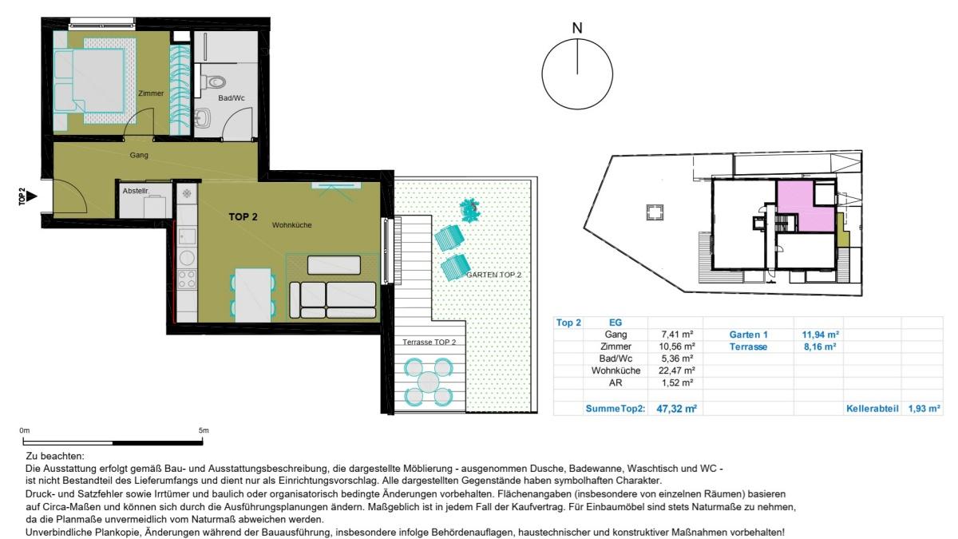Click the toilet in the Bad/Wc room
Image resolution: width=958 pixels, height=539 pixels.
[213, 81]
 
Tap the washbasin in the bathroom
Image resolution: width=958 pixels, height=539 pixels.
[202, 117]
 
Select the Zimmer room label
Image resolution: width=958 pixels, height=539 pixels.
[151, 93]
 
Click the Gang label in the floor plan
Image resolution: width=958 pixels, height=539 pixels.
[139, 155]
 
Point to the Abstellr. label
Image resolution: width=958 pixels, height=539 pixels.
[136, 191]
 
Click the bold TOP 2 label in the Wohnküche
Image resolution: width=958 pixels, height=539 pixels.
[243, 217]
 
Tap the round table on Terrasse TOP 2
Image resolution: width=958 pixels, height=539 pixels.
[428, 382]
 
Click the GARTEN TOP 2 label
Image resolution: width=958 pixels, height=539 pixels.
[493, 275]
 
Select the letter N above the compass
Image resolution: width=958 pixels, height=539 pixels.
[577, 28]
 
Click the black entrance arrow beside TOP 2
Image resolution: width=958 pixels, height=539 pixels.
[32, 196]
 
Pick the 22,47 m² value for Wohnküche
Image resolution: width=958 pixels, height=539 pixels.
[677, 371]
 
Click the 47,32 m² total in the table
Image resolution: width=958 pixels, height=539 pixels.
[677, 409]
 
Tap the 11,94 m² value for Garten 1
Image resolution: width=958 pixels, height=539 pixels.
[821, 335]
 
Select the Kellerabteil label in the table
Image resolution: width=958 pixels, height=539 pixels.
[873, 409]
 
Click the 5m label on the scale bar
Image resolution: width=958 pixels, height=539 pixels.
[204, 430]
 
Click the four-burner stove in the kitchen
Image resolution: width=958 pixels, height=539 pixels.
[187, 279]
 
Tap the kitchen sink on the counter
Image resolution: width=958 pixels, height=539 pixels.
[187, 237]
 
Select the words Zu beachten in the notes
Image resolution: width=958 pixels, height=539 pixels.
[55, 457]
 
